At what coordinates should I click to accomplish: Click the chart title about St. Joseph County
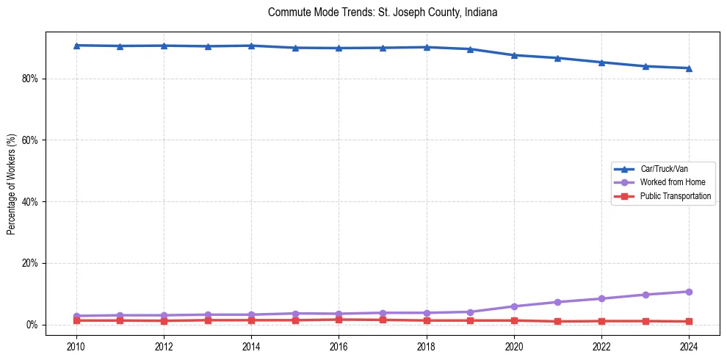click(x=383, y=12)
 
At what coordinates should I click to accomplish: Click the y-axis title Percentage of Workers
click(x=11, y=184)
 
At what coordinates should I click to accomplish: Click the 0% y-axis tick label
click(x=30, y=325)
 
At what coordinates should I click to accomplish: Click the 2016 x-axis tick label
click(x=339, y=346)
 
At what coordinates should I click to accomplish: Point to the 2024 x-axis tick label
click(x=689, y=346)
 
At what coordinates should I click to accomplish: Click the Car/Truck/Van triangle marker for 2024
click(x=689, y=68)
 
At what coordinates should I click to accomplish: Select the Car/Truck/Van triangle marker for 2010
click(x=76, y=46)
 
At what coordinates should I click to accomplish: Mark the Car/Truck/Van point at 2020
click(x=514, y=55)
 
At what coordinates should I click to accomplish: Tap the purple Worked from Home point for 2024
click(x=689, y=292)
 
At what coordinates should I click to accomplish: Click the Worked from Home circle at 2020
click(x=514, y=306)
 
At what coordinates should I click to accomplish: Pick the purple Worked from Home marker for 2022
click(x=601, y=298)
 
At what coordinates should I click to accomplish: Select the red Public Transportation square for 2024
click(x=689, y=321)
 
